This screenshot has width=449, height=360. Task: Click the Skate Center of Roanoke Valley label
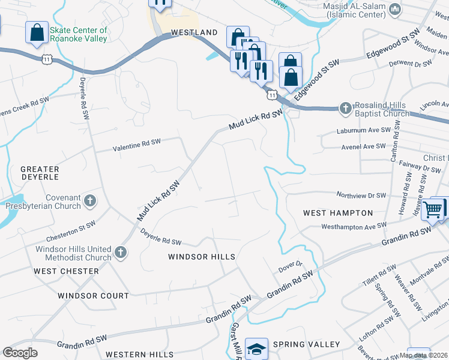(x=79, y=34)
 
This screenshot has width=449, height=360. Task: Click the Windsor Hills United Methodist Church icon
(x=121, y=252)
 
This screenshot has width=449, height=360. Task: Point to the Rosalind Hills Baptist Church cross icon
(x=345, y=108)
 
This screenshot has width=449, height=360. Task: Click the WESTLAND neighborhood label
(x=194, y=32)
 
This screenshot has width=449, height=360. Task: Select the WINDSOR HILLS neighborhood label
(x=201, y=257)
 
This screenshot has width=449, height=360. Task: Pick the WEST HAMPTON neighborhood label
(x=338, y=213)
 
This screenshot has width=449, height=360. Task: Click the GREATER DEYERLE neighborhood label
(x=40, y=173)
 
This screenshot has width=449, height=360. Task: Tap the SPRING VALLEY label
(x=306, y=344)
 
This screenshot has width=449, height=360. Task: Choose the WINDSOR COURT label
(x=93, y=296)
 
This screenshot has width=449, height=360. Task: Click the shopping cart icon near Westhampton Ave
(x=432, y=209)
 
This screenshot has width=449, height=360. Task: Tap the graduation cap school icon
(x=256, y=348)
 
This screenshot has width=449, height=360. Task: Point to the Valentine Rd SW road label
(x=138, y=144)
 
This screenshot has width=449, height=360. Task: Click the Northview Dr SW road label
(x=361, y=195)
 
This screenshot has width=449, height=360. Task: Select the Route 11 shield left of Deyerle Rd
(x=47, y=59)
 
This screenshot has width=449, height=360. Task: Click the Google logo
(x=20, y=353)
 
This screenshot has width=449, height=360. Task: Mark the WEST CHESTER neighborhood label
(x=66, y=271)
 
